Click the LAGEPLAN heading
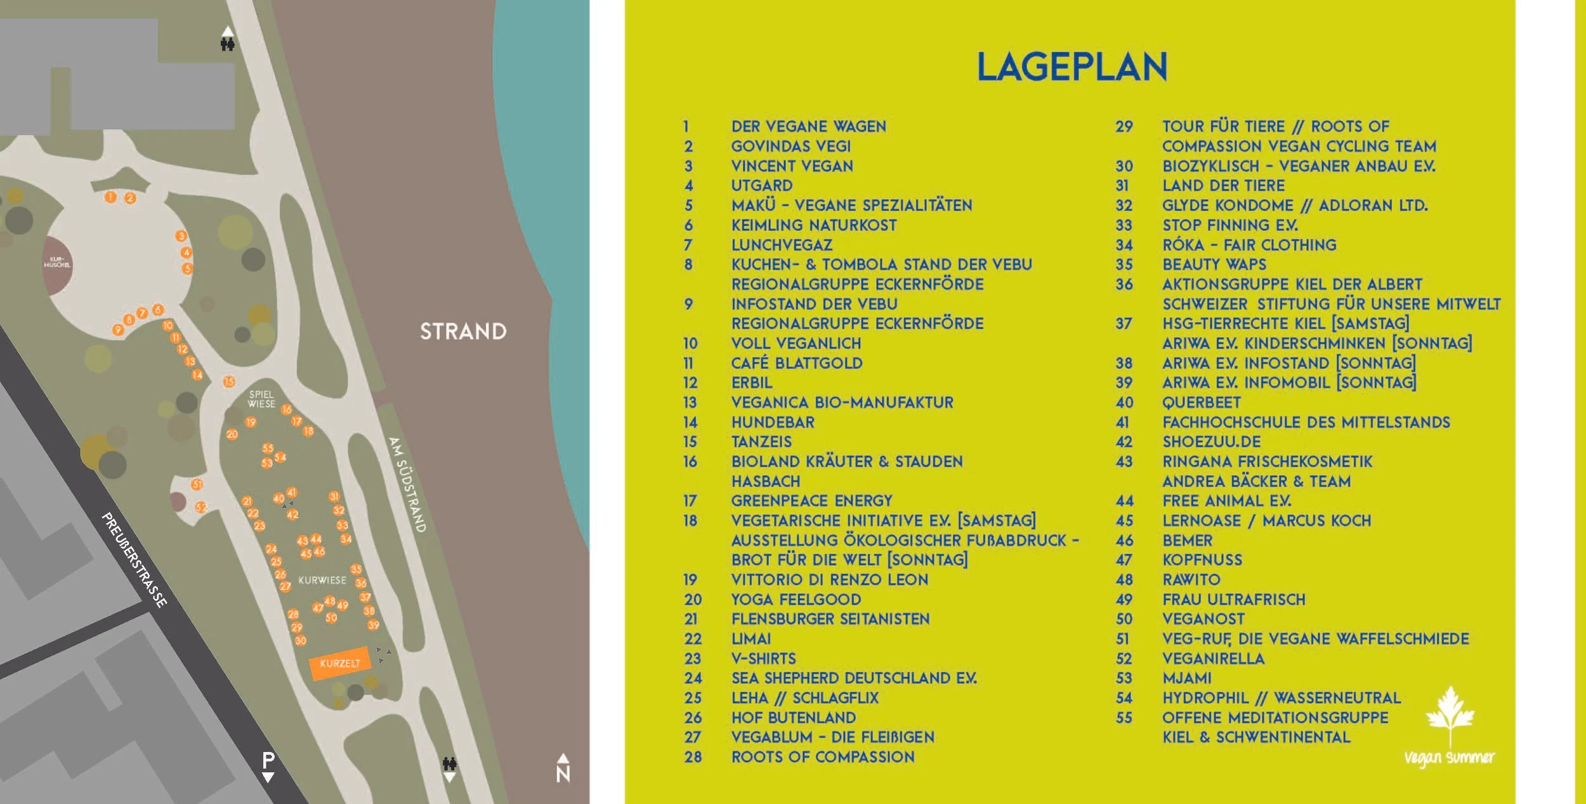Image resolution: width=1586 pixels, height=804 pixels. (1072, 67)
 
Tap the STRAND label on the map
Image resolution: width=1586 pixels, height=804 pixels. (463, 331)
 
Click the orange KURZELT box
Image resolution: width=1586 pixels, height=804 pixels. (339, 663)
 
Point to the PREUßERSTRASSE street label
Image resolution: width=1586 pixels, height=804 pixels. (134, 560)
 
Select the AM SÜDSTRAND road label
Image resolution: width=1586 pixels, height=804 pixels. (407, 484)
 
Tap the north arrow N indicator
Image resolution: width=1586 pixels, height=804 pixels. (563, 768)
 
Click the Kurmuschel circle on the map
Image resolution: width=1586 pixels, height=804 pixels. (57, 265)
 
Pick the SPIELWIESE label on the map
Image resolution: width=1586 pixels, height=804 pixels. (261, 399)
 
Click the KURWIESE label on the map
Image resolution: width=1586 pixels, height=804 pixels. (322, 580)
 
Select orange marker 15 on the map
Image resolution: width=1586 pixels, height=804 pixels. (229, 382)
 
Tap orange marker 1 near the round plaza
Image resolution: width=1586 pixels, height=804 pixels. (110, 197)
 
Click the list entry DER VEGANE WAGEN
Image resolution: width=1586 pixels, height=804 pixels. (808, 126)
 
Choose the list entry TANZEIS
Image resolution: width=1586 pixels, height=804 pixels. (761, 441)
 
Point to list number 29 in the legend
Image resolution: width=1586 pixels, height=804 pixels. (1124, 126)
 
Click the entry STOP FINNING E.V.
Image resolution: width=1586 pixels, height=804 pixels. (1229, 225)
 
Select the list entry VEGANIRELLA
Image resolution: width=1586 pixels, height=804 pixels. (1213, 658)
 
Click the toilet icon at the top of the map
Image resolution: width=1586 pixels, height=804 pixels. (228, 44)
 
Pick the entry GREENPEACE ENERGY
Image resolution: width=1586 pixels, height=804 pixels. (811, 501)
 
